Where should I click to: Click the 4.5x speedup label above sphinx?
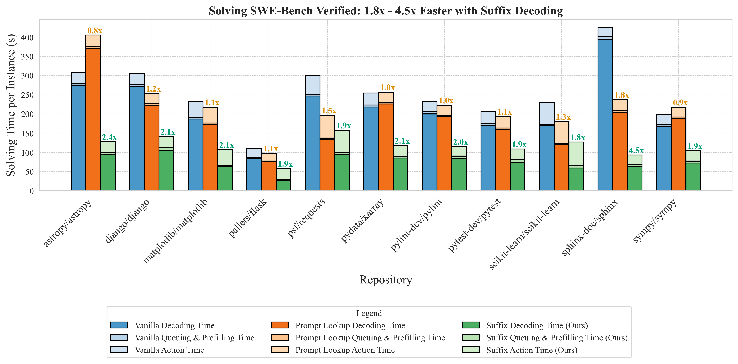636,151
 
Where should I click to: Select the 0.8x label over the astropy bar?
94,31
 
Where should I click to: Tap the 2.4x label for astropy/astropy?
109,137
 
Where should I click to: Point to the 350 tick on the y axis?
27,57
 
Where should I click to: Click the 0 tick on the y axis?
31,191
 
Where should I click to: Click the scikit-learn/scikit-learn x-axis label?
524,234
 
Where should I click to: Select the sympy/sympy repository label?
655,221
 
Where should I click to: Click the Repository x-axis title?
386,280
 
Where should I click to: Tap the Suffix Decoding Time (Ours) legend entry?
537,325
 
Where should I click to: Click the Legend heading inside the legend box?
369,313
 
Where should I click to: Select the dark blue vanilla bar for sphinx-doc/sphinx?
605,115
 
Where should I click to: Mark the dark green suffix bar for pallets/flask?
283,186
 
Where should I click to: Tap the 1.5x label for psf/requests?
329,111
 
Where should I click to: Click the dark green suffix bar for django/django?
166,170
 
